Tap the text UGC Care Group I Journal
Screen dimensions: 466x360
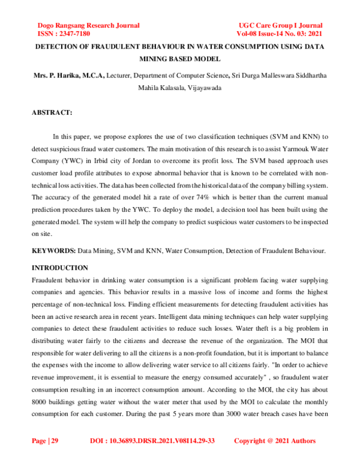coord(280,25)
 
